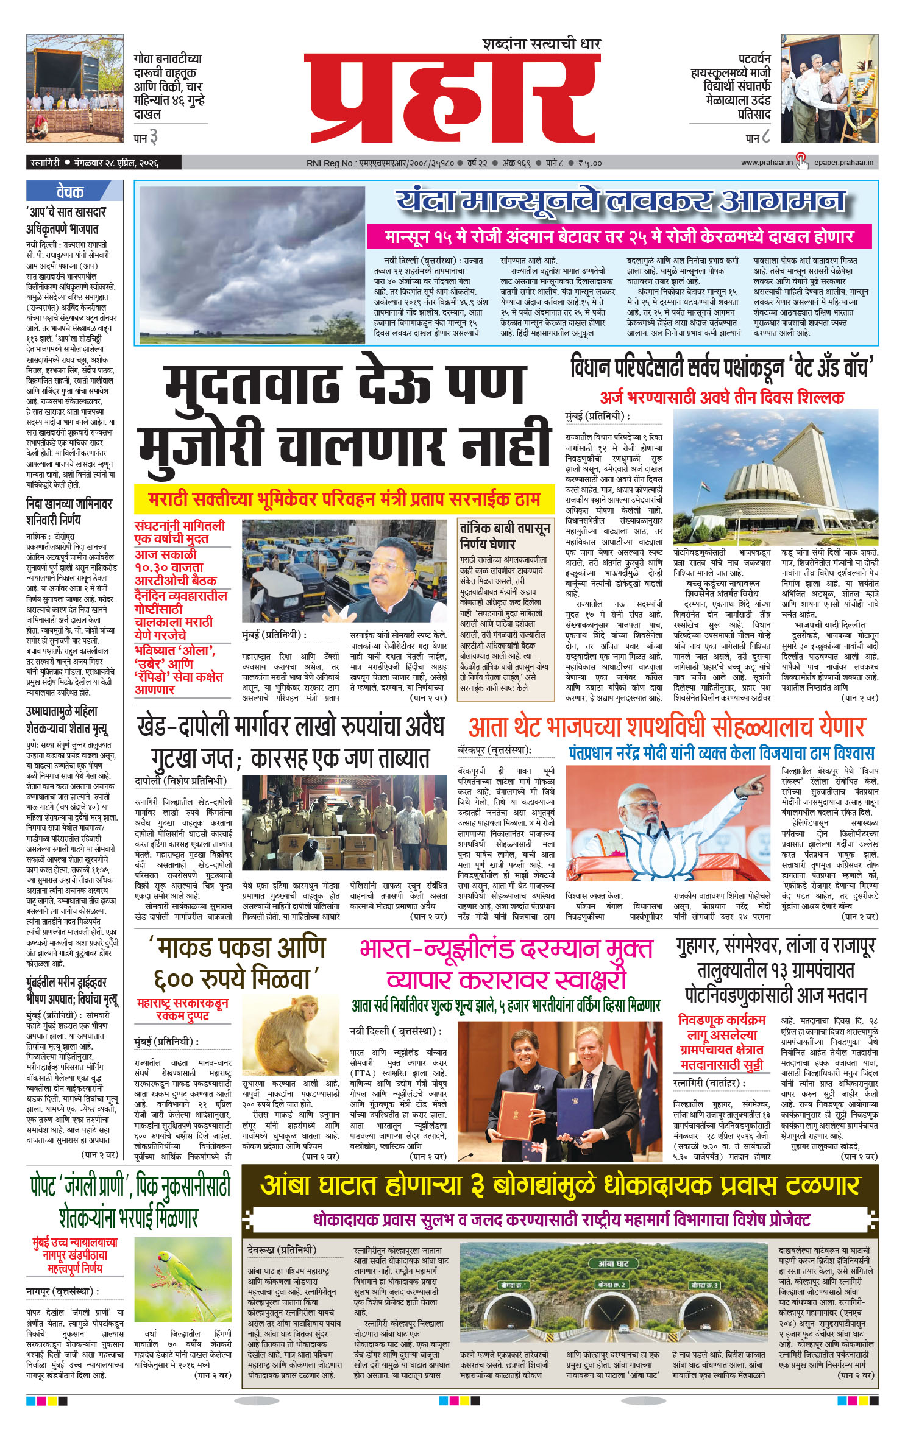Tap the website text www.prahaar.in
(767, 163)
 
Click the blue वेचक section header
(70, 192)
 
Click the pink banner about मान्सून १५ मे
(618, 236)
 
